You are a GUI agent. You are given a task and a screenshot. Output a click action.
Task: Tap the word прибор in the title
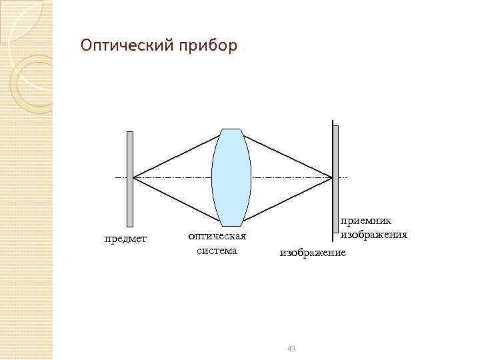tap(207, 46)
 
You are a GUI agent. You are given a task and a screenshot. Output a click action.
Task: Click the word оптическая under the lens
tap(217, 236)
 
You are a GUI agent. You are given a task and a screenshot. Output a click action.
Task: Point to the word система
tap(217, 251)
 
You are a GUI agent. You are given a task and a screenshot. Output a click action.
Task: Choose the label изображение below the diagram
tap(313, 253)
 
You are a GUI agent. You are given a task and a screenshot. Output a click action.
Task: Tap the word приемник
tap(366, 221)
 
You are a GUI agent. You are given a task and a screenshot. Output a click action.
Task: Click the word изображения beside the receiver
tap(374, 235)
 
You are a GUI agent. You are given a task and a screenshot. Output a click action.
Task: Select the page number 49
tap(291, 349)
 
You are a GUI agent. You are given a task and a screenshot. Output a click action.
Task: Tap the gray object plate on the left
tap(130, 178)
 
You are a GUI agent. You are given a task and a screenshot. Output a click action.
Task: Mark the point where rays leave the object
tap(134, 178)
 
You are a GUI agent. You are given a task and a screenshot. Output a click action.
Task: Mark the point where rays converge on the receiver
tap(332, 178)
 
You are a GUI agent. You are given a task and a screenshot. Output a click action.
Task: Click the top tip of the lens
tap(231, 129)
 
